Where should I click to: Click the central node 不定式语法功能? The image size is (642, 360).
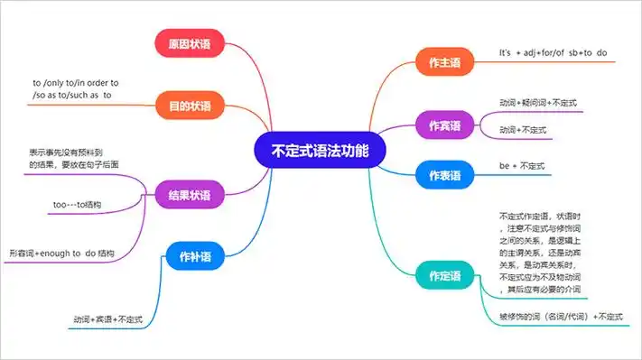pos(321,151)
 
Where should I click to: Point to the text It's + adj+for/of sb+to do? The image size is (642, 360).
pos(552,52)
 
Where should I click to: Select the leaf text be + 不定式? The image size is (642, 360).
pos(522,166)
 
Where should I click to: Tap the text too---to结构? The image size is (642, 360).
pos(77,206)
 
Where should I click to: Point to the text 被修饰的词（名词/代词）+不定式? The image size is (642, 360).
pos(560,318)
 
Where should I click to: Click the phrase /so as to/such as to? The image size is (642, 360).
pos(72,95)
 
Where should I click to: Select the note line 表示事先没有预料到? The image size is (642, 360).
pos(67,152)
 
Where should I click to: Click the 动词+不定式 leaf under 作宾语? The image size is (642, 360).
pos(523,130)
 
